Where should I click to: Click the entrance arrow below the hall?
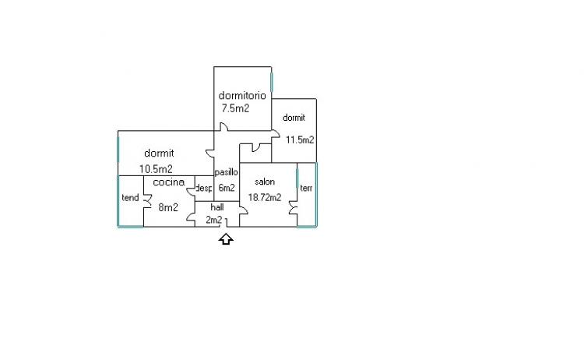(226, 239)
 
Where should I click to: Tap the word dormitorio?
(242, 96)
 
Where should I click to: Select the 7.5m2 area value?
(235, 108)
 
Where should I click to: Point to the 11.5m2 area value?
(300, 139)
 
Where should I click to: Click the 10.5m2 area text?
(156, 169)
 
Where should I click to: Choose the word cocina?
(169, 182)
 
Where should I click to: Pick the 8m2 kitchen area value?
(168, 207)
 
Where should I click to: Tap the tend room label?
(130, 197)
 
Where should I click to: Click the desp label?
(204, 189)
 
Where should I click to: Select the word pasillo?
(226, 172)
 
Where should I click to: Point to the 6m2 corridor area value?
(227, 188)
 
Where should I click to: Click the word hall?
(217, 206)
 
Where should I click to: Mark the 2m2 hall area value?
(214, 221)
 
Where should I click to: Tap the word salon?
(265, 182)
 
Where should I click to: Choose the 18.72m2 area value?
(265, 197)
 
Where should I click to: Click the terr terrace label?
(306, 189)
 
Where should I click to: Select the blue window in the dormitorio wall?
(272, 82)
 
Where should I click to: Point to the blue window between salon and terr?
(297, 178)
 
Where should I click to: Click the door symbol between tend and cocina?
(147, 201)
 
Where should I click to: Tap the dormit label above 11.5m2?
(294, 118)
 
